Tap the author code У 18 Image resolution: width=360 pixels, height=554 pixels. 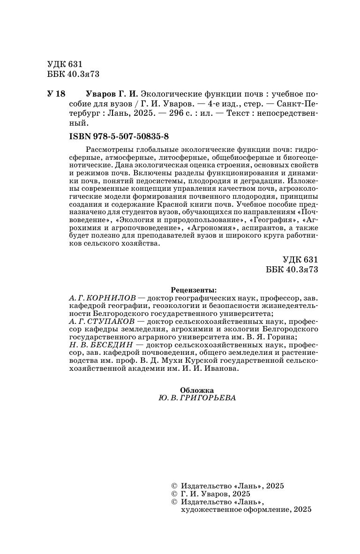click(x=56, y=93)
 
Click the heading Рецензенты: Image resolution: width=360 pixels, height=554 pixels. click(x=196, y=290)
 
